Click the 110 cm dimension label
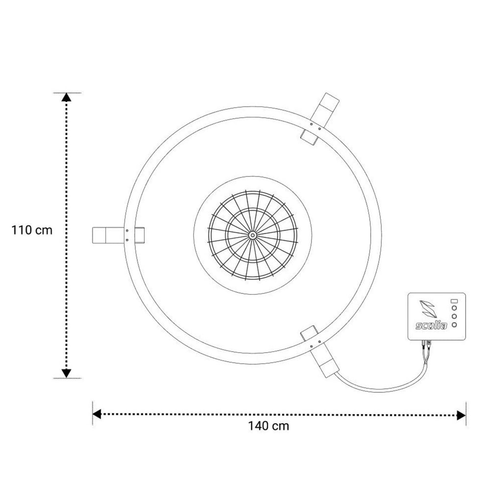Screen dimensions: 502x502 [x=32, y=230]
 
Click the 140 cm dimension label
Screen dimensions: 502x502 [x=268, y=426]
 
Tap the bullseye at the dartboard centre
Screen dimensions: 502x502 [x=252, y=235]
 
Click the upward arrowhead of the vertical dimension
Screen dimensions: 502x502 [x=66, y=98]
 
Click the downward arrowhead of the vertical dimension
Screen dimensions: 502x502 [x=66, y=373]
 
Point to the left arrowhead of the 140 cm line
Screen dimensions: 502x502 [x=97, y=414]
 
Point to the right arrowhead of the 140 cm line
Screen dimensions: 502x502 [x=461, y=416]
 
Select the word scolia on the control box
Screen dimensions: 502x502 [x=431, y=326]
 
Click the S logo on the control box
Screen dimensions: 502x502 [x=427, y=309]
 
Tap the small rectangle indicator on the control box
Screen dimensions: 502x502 [x=454, y=301]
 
